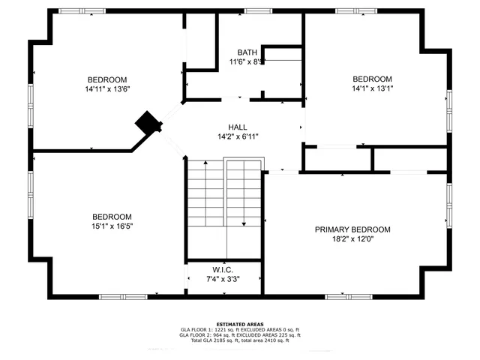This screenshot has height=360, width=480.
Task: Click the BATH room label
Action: (x=247, y=52)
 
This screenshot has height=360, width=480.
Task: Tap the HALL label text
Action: (x=238, y=127)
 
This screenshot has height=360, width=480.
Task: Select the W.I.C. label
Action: (x=223, y=269)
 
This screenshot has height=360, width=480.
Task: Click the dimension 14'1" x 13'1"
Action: (x=373, y=88)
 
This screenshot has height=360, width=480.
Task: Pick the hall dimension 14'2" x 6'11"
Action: (x=238, y=136)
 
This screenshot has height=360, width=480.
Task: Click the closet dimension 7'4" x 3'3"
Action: (x=223, y=279)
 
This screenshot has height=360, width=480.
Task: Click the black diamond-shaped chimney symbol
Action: (x=148, y=122)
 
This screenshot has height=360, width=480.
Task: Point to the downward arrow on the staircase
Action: (x=244, y=223)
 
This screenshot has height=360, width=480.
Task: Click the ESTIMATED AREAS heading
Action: (x=240, y=324)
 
